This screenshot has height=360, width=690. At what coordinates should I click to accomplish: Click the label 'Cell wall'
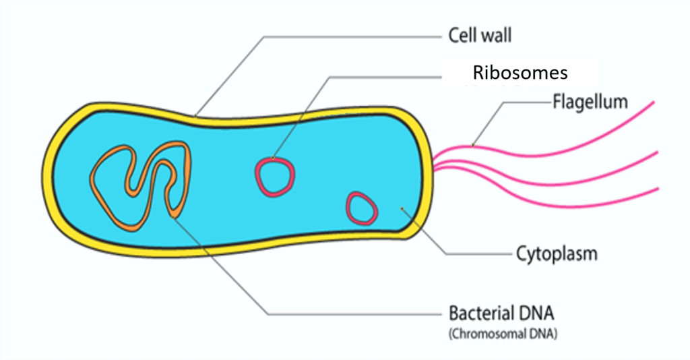[x=480, y=35]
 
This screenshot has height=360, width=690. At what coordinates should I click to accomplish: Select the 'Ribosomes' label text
[x=520, y=73]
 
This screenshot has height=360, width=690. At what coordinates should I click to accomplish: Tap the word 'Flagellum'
[x=590, y=102]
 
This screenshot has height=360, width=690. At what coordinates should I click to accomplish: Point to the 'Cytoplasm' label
[x=557, y=254]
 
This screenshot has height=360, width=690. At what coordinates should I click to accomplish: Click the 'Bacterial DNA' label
[x=501, y=313]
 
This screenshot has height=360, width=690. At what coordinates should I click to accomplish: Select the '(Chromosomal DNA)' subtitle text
[x=503, y=334]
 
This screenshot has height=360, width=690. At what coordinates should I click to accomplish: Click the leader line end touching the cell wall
[x=196, y=116]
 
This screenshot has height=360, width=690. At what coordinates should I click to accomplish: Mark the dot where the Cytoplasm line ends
[x=402, y=208]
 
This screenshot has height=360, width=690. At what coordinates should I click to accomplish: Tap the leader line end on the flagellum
[x=472, y=145]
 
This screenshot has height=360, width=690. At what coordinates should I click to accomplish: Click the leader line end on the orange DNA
[x=173, y=217]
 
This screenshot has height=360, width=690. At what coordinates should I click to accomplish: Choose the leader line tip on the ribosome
[x=273, y=158]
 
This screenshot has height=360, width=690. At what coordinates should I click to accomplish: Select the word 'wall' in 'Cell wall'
[x=497, y=35]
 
